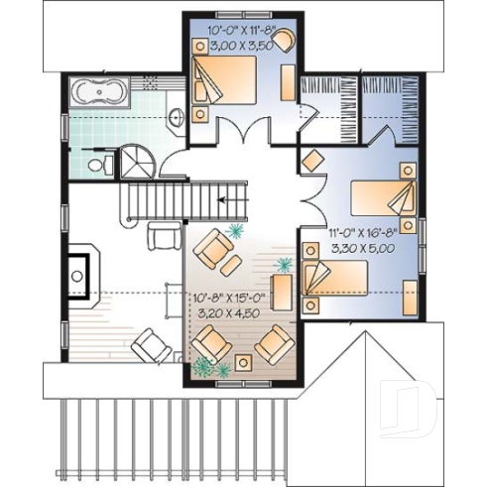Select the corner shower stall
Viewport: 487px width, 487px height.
[x=134, y=158]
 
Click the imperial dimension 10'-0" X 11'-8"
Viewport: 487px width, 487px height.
[x=241, y=31]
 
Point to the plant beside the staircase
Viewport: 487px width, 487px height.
[x=235, y=231]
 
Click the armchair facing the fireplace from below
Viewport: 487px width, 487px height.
[x=151, y=346]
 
